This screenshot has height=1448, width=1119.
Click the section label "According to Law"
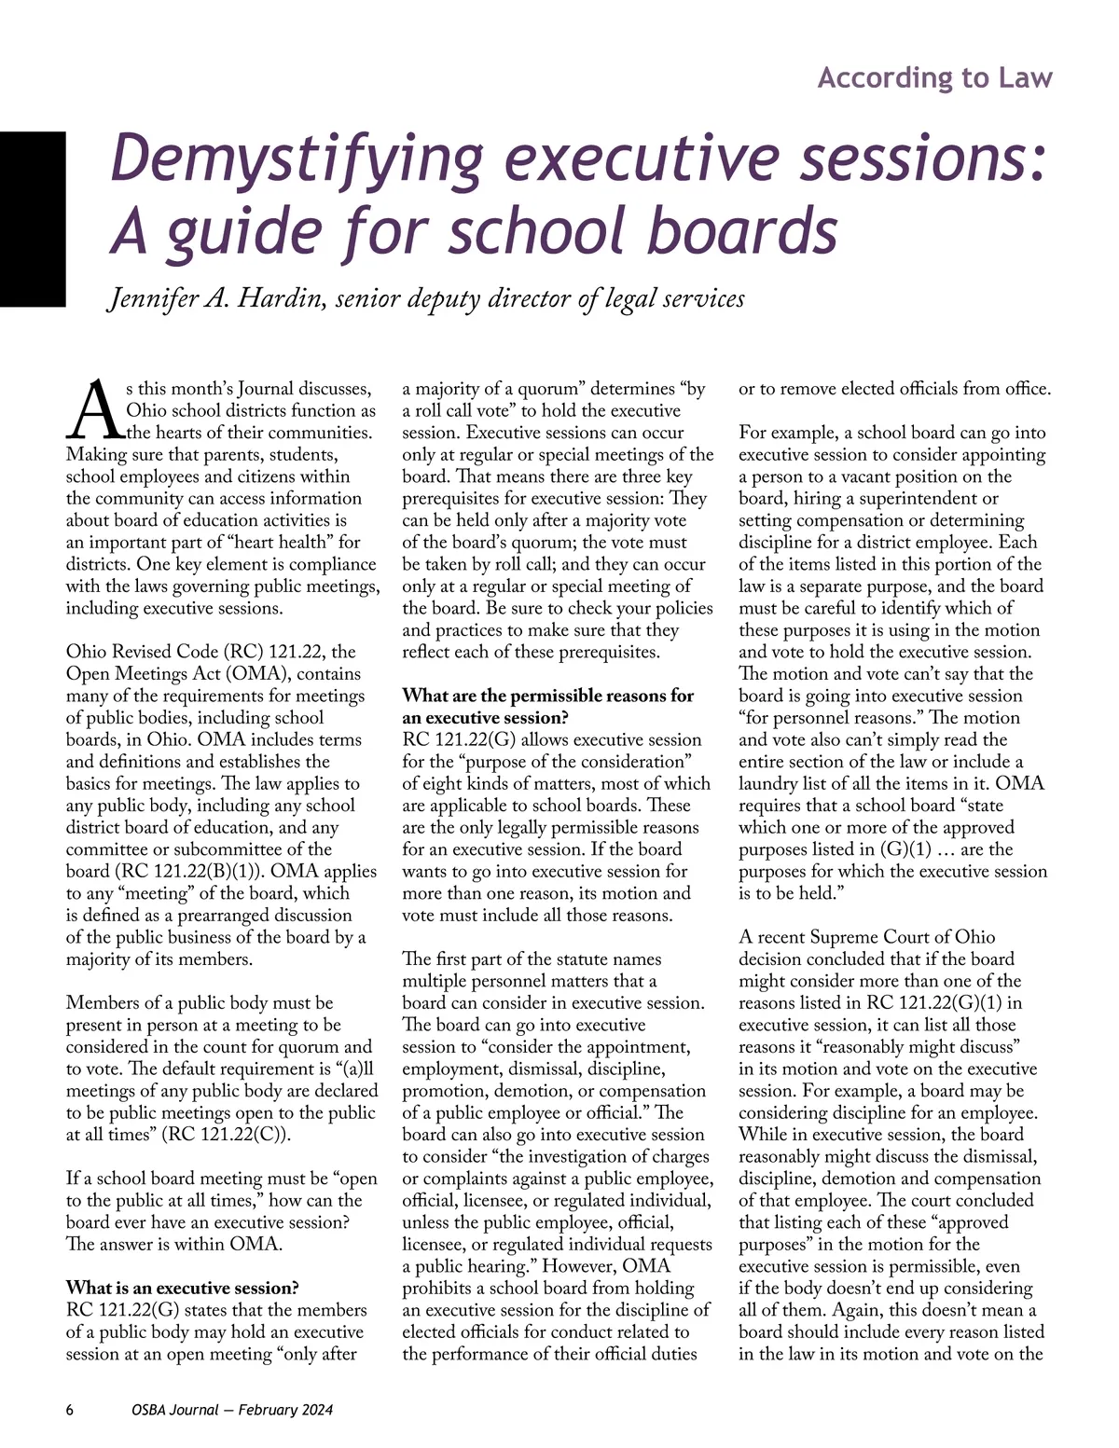click(x=934, y=78)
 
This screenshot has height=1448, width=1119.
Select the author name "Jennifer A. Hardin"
click(x=216, y=298)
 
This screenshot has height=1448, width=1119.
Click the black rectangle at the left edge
click(x=33, y=219)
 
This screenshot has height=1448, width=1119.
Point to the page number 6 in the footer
click(x=70, y=1410)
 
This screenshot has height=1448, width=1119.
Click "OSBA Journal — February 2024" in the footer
click(x=232, y=1410)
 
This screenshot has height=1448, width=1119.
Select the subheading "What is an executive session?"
click(x=183, y=1288)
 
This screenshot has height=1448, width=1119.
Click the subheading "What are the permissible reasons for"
click(x=547, y=696)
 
